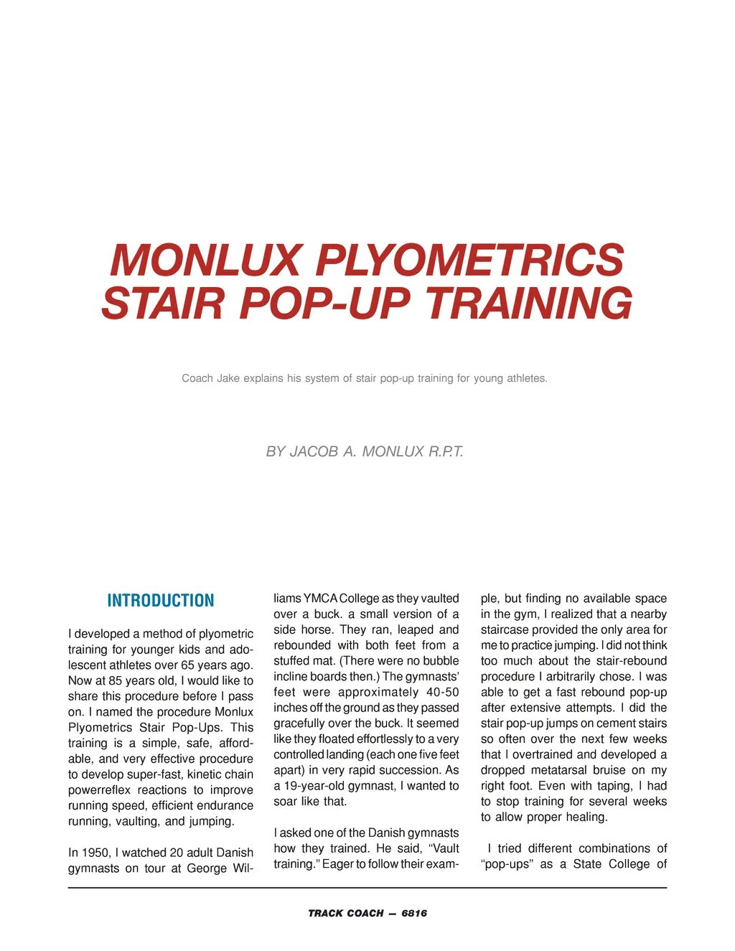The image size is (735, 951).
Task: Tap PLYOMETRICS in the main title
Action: (470, 260)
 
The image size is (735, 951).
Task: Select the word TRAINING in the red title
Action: (530, 304)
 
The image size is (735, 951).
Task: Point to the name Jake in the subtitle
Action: (228, 378)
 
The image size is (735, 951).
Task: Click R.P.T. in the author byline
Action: (446, 451)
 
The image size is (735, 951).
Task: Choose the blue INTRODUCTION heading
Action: (161, 601)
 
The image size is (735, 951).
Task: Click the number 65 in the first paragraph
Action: (189, 665)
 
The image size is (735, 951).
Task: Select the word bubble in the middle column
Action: (441, 661)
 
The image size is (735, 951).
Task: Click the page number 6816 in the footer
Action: (414, 914)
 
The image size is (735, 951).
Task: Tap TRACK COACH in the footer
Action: (346, 914)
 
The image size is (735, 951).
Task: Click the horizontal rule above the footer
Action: (367, 888)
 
